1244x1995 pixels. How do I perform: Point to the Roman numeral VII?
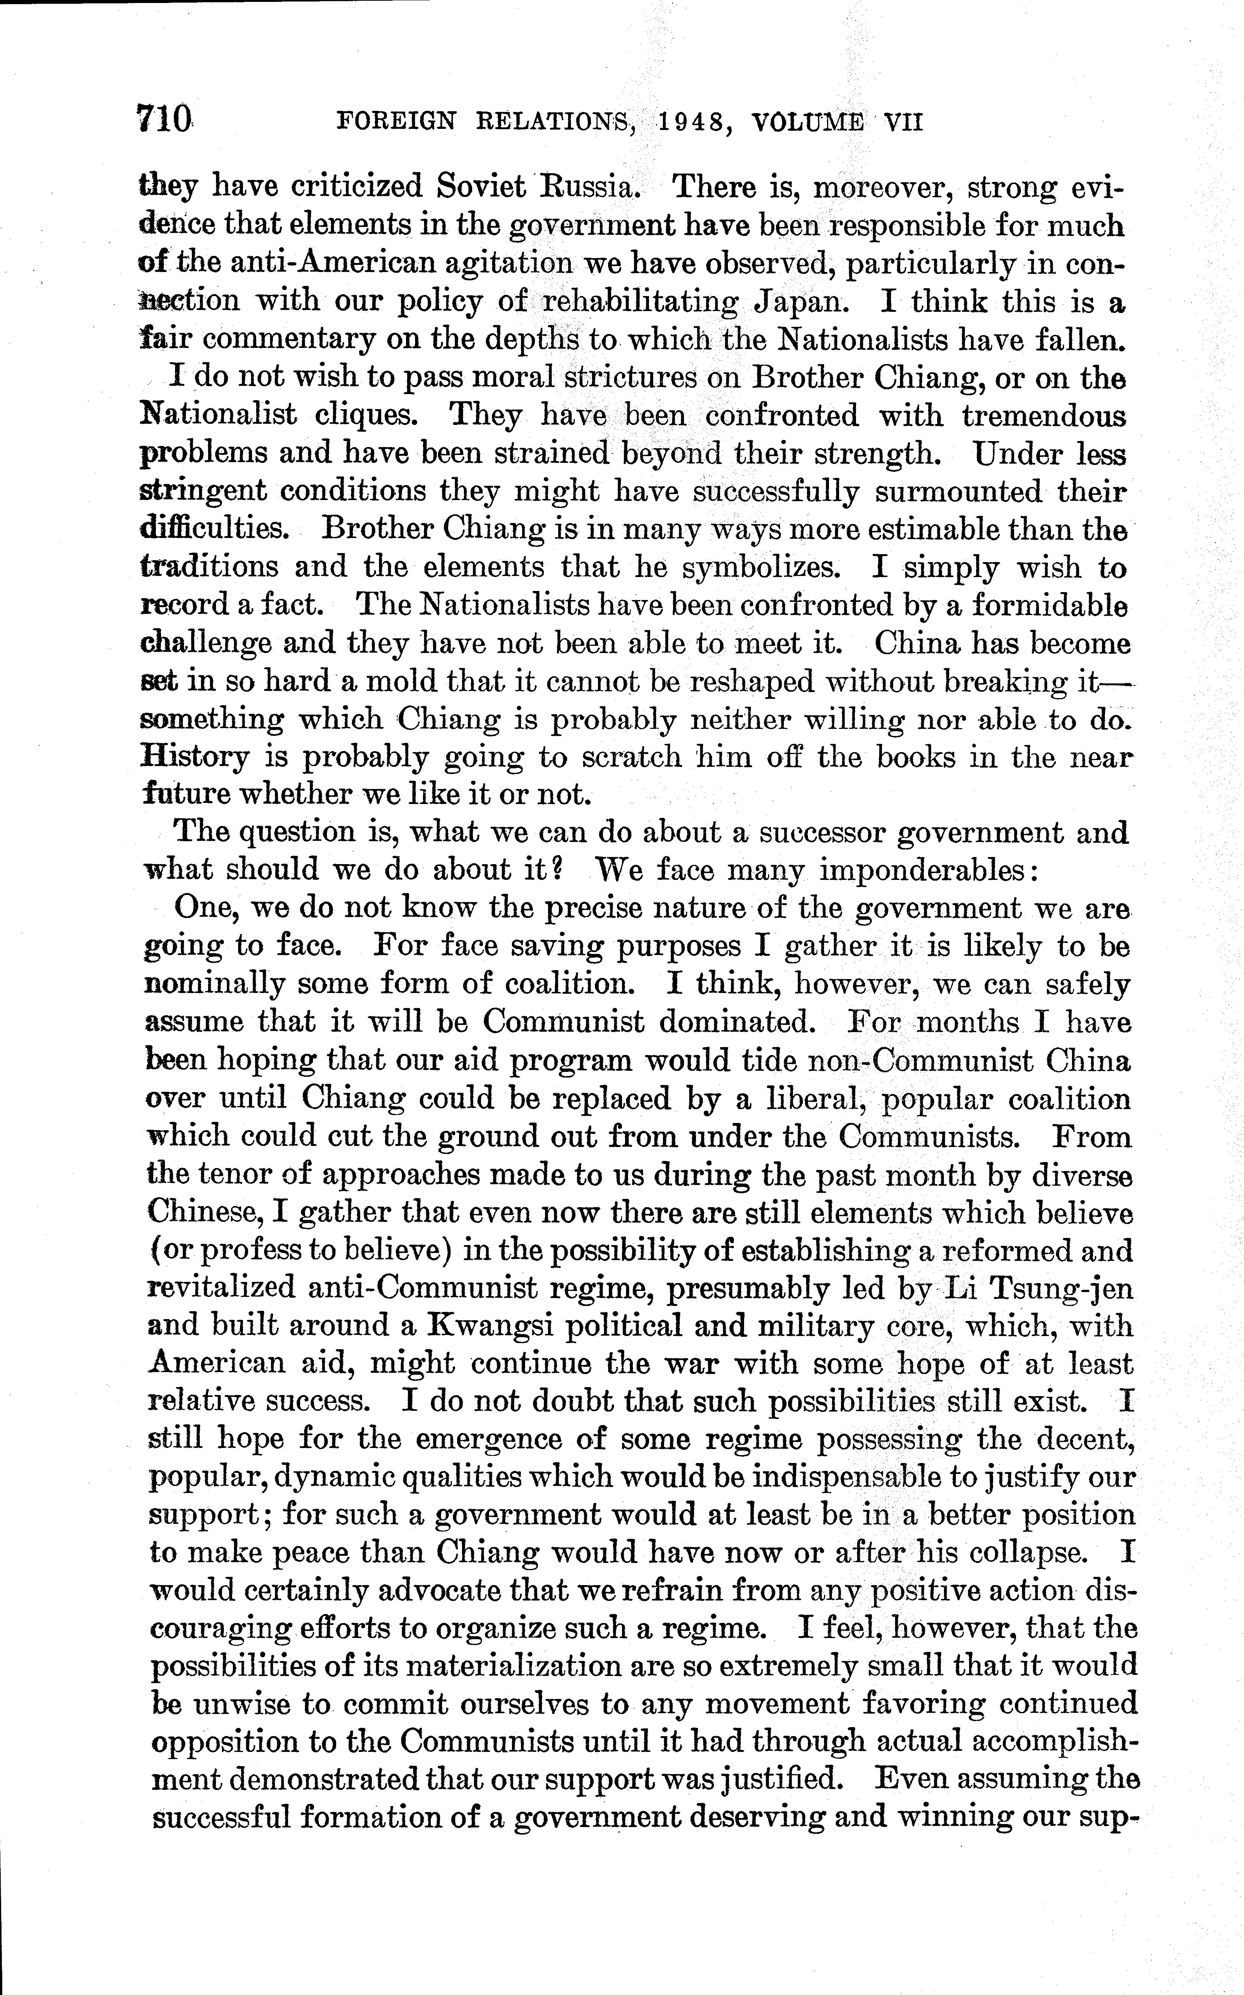[903, 122]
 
